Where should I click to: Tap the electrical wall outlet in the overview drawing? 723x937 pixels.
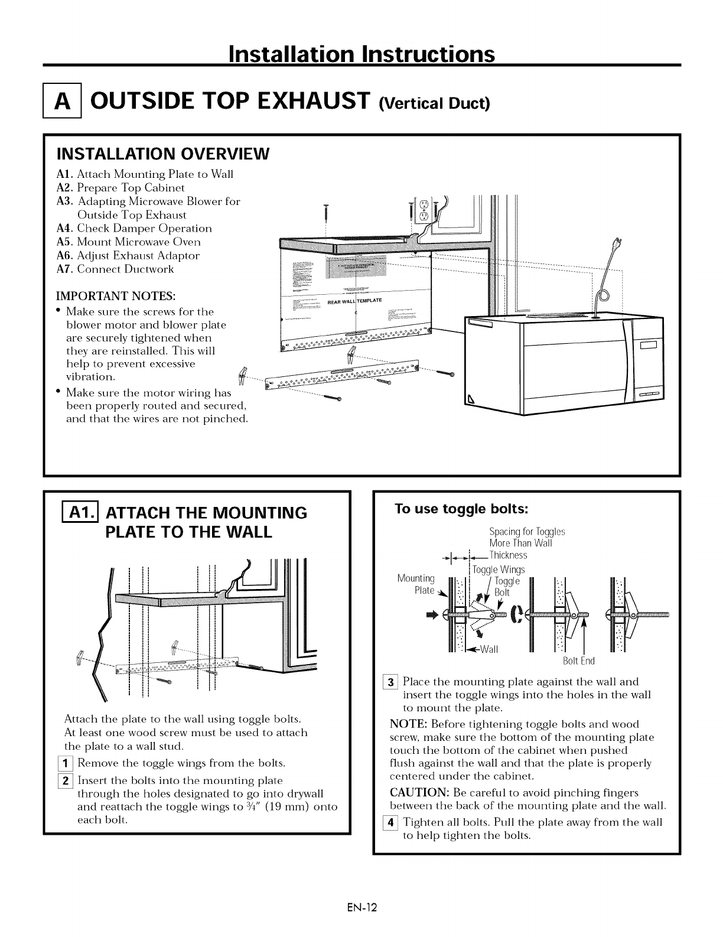click(x=423, y=209)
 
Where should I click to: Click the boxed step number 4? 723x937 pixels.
click(x=394, y=822)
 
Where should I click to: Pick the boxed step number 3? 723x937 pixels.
click(x=394, y=681)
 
